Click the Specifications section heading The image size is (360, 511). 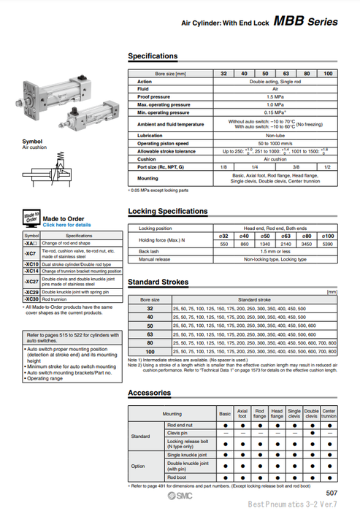click(153, 56)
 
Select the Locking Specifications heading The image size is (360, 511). click(168, 212)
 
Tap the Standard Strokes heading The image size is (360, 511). click(158, 282)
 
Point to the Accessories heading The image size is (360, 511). click(150, 393)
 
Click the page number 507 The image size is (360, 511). click(332, 493)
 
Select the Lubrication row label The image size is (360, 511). click(150, 136)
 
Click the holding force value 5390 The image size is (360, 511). click(328, 243)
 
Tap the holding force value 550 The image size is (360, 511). click(224, 243)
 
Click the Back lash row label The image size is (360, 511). click(149, 251)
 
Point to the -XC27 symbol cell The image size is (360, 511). click(31, 281)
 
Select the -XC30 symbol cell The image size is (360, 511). click(31, 299)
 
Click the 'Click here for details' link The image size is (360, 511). click(66, 225)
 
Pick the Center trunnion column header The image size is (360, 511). click(329, 414)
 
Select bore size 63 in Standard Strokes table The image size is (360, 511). click(150, 334)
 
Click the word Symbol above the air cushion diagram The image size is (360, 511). click(32, 142)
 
